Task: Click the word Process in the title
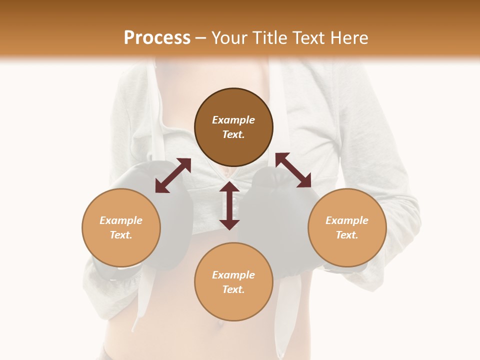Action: pyautogui.click(x=157, y=38)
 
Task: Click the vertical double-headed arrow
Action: pyautogui.click(x=229, y=205)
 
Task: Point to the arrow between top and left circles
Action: pyautogui.click(x=173, y=175)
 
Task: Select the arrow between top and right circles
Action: pyautogui.click(x=293, y=170)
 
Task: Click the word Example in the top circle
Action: pyautogui.click(x=233, y=120)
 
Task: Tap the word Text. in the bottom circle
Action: pyautogui.click(x=233, y=289)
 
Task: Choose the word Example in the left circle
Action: pyautogui.click(x=121, y=220)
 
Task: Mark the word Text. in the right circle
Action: pyautogui.click(x=347, y=235)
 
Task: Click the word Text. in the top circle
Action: pyautogui.click(x=233, y=134)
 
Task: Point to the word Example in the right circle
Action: pyautogui.click(x=347, y=220)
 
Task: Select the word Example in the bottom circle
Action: pyautogui.click(x=233, y=275)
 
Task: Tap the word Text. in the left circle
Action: pyautogui.click(x=121, y=235)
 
